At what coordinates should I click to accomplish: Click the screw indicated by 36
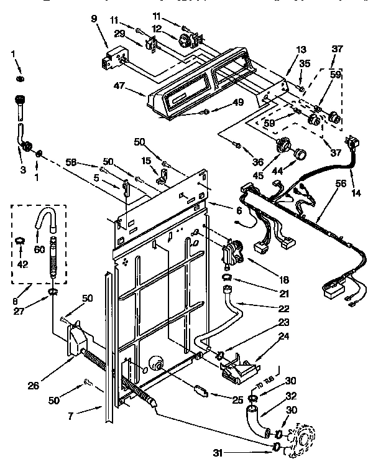pos(237,145)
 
